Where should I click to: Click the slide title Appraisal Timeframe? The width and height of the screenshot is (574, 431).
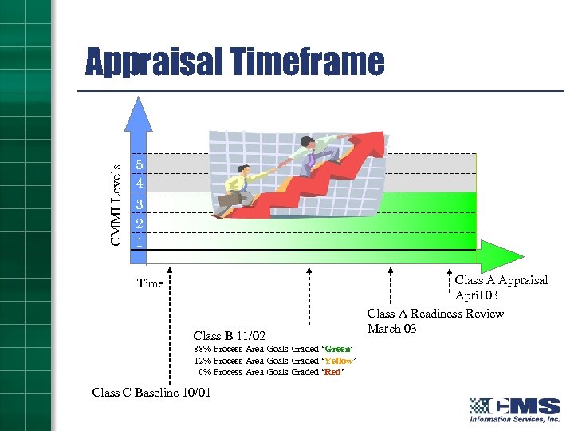click(x=234, y=62)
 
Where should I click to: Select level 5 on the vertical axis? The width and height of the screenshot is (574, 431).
click(x=139, y=164)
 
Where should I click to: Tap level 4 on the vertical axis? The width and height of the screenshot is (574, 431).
click(x=139, y=184)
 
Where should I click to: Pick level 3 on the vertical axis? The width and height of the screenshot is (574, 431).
click(x=139, y=204)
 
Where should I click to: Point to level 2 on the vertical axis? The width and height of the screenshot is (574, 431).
click(x=139, y=223)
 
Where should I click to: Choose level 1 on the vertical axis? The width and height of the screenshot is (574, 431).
click(x=139, y=241)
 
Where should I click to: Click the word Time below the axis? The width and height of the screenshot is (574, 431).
click(x=150, y=283)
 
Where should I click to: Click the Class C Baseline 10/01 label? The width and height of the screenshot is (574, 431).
click(x=151, y=392)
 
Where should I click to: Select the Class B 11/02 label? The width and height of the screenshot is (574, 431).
click(x=230, y=335)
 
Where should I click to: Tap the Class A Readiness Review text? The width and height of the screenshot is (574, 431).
click(x=435, y=314)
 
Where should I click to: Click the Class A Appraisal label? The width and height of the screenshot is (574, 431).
click(x=501, y=280)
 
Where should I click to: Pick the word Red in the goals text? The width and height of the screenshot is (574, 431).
click(x=333, y=372)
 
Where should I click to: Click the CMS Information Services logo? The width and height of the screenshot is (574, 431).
click(x=514, y=409)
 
